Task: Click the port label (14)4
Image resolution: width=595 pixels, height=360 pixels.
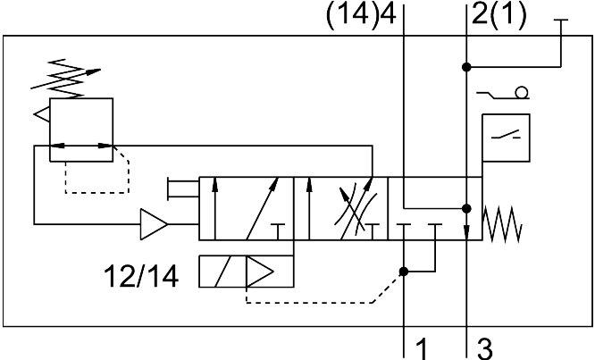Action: coord(361,15)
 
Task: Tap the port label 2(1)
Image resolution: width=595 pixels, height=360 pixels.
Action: coord(499,15)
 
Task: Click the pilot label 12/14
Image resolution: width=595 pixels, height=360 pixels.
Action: coord(141,277)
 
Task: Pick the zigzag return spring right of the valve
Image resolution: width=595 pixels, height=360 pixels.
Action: coord(502,224)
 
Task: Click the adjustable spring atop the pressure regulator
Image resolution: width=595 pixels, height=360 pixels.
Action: coord(64,79)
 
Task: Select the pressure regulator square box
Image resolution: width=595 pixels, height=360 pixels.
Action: coord(81,130)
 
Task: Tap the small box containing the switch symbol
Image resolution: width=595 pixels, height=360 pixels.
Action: coord(506,138)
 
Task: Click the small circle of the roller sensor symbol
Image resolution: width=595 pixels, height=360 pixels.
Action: coord(522,93)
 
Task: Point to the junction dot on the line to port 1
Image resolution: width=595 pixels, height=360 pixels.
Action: coord(404,272)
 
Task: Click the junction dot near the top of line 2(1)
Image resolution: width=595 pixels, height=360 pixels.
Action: coord(466,67)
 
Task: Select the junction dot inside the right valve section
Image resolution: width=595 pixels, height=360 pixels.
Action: coord(466,209)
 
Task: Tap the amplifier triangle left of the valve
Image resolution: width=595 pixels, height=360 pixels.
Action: coord(154,224)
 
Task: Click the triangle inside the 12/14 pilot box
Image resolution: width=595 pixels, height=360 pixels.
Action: coord(260,272)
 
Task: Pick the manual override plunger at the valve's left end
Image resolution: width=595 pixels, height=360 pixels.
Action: coord(183,188)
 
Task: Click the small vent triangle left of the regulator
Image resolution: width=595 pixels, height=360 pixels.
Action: coord(42,114)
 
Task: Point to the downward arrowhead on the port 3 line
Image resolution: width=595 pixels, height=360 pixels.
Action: coord(466,232)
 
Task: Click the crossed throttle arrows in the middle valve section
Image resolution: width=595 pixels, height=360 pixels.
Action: coord(356,209)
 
